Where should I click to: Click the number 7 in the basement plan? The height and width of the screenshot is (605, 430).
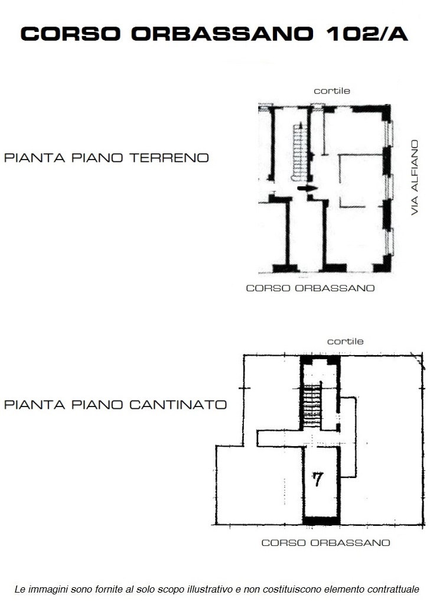pyautogui.click(x=317, y=479)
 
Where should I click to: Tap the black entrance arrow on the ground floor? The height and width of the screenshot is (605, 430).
pyautogui.click(x=307, y=188)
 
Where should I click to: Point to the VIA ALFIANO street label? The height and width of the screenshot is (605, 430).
pyautogui.click(x=415, y=177)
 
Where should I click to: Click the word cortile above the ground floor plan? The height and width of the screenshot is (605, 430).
pyautogui.click(x=332, y=91)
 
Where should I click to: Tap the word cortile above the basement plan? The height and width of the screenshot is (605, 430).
pyautogui.click(x=345, y=341)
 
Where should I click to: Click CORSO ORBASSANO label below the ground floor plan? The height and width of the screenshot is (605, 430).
pyautogui.click(x=311, y=288)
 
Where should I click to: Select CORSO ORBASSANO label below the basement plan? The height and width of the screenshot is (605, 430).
pyautogui.click(x=326, y=543)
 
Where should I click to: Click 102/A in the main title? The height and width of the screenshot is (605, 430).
pyautogui.click(x=367, y=34)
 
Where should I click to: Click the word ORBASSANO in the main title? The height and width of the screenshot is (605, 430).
pyautogui.click(x=222, y=34)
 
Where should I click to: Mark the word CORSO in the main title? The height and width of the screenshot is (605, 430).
pyautogui.click(x=70, y=34)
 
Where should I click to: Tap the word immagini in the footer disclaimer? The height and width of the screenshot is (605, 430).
pyautogui.click(x=45, y=590)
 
